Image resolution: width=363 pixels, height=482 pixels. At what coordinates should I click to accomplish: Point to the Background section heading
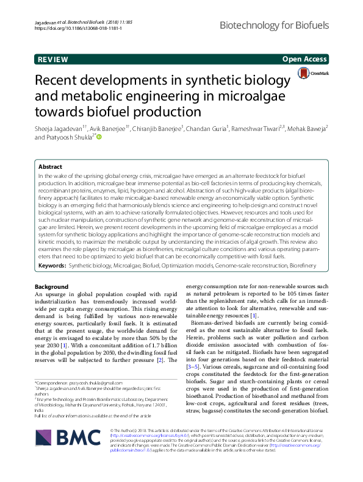[x=51, y=286]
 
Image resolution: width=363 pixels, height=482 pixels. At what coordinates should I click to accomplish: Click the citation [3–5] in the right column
[x=194, y=351]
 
